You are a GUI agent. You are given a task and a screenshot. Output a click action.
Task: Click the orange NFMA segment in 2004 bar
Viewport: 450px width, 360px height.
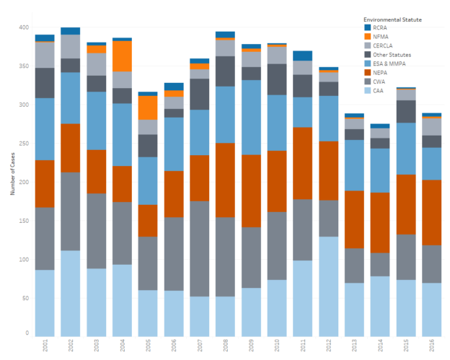122,56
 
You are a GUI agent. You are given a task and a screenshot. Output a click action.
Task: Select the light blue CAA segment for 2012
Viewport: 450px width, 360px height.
329,286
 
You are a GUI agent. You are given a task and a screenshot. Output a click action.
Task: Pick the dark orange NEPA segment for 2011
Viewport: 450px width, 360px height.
303,163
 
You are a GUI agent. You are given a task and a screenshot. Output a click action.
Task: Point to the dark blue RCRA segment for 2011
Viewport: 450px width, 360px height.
303,56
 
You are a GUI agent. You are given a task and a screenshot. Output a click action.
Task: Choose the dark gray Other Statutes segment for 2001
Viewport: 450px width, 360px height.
45,83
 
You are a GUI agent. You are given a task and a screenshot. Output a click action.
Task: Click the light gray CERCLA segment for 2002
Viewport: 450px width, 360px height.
71,47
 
